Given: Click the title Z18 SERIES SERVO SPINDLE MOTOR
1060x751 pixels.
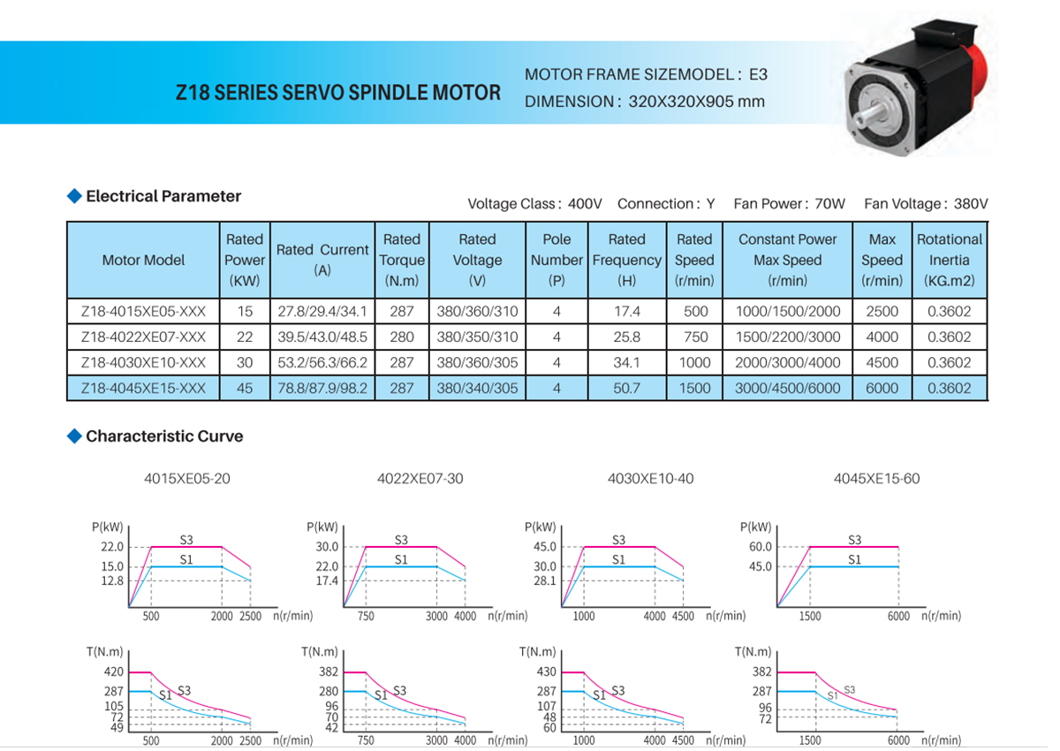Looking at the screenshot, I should tap(338, 93).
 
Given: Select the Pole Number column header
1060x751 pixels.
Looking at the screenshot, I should tap(556, 260).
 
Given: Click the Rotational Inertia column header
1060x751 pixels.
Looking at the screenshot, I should tap(949, 260).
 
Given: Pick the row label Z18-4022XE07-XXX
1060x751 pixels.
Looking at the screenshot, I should tap(143, 337).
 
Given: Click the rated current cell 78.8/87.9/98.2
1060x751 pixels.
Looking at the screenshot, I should tap(322, 388).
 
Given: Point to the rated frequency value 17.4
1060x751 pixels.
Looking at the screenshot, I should tap(626, 311).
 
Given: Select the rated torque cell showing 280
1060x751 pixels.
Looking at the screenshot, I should tap(402, 337).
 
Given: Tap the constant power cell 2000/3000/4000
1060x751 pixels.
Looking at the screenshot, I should tap(787, 362).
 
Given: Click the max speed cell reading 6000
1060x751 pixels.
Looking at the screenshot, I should tap(882, 388).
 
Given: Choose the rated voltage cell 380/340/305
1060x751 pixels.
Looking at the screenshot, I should tap(477, 388).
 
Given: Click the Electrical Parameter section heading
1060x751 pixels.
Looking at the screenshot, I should tap(163, 196).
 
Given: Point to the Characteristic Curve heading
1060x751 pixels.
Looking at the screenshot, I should tap(164, 436).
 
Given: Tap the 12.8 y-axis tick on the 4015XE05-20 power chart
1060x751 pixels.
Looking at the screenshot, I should tap(112, 580).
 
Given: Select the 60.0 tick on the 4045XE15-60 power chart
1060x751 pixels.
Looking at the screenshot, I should tap(761, 547).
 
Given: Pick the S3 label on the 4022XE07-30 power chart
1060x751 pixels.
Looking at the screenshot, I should tap(401, 540).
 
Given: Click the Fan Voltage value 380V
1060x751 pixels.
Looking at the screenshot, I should tap(971, 204).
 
